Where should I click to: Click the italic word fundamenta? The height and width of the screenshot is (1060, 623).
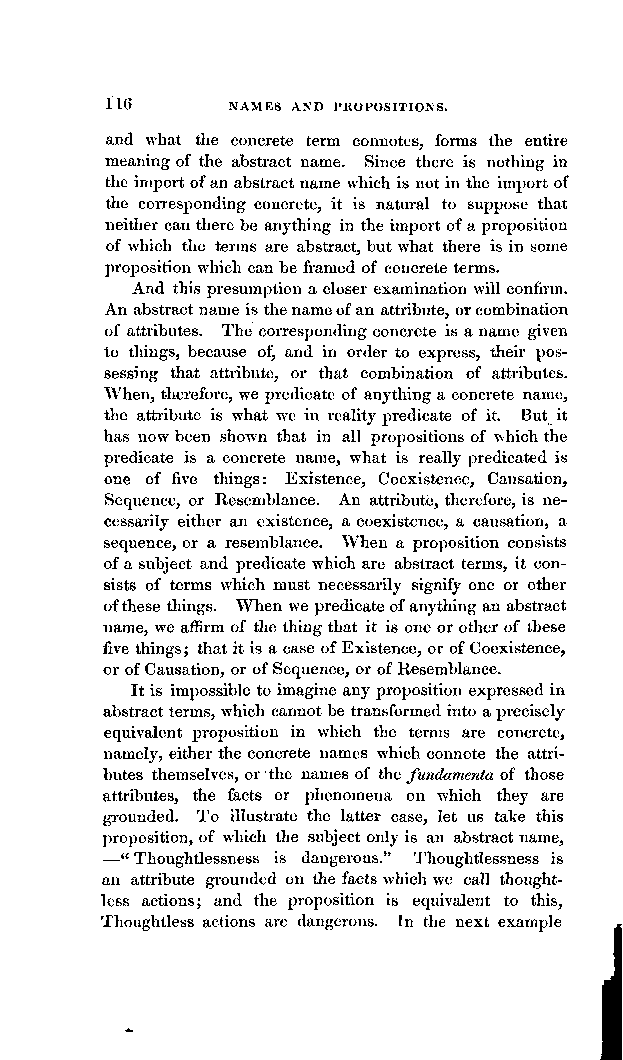click(450, 775)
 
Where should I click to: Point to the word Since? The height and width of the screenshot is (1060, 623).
click(385, 162)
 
